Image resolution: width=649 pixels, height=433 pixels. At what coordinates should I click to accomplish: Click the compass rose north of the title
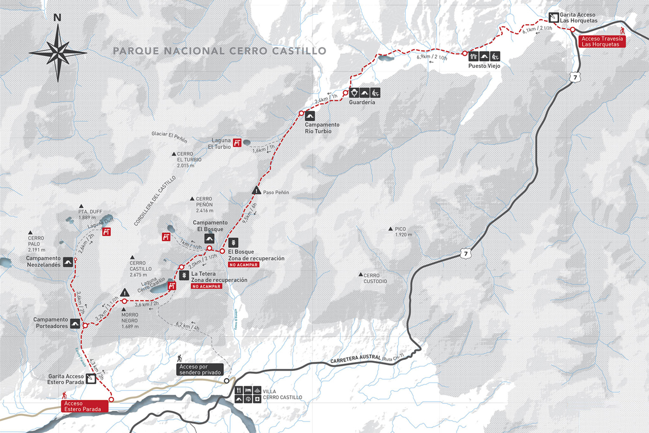click(x=58, y=52)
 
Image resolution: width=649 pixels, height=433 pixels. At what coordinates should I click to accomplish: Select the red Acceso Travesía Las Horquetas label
click(x=602, y=42)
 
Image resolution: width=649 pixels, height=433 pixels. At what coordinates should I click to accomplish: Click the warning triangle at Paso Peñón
click(x=257, y=190)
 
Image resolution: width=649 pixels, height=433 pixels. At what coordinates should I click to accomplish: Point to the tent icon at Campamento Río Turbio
click(x=310, y=116)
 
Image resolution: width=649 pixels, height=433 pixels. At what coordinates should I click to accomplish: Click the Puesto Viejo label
click(x=484, y=66)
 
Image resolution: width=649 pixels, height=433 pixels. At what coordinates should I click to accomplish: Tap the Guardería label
click(x=362, y=102)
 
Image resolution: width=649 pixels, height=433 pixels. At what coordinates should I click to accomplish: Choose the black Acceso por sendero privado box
click(x=200, y=369)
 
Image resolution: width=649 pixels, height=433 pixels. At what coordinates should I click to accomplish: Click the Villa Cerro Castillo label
click(x=282, y=394)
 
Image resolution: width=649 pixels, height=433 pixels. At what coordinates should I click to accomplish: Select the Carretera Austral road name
click(x=356, y=359)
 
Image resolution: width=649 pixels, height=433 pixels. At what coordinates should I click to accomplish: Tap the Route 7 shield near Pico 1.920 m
click(x=466, y=253)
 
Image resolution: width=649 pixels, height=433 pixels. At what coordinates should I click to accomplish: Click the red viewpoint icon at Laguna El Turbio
click(x=237, y=143)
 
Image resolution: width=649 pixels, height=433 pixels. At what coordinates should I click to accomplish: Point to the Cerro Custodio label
click(x=375, y=278)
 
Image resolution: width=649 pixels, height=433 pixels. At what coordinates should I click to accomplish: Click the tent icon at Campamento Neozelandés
click(x=68, y=262)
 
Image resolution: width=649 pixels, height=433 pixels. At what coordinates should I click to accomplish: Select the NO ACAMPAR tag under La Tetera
click(x=206, y=287)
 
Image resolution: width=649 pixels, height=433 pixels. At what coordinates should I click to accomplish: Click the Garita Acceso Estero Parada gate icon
click(x=91, y=379)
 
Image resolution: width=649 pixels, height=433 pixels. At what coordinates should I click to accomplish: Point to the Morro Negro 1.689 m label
click(x=130, y=320)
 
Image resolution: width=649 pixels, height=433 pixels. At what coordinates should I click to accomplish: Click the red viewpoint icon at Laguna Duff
click(x=106, y=232)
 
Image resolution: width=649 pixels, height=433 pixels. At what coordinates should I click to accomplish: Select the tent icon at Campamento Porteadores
click(x=75, y=324)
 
